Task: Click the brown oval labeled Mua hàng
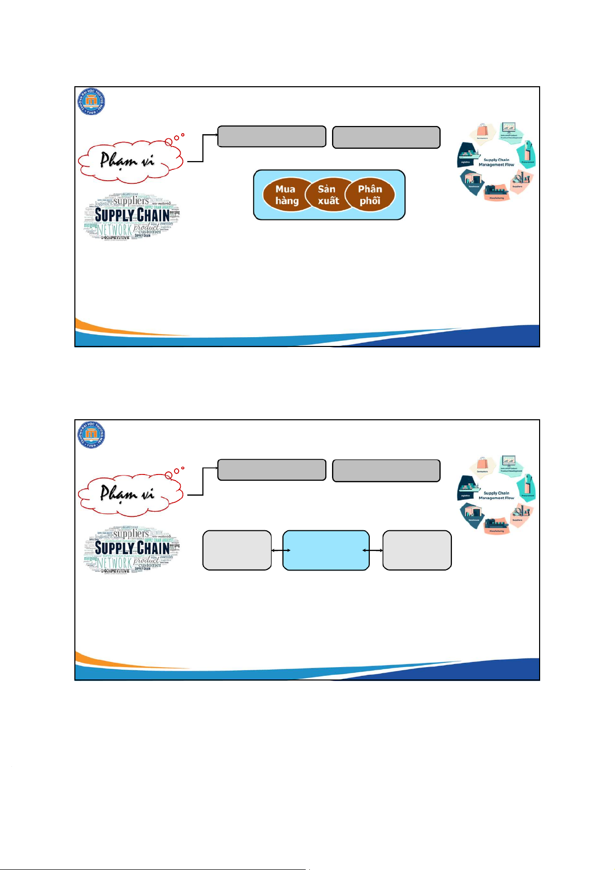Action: click(286, 195)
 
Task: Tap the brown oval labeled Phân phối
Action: click(370, 195)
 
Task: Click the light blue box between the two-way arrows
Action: click(326, 550)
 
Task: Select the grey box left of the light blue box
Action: click(237, 550)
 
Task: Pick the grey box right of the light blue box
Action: click(417, 550)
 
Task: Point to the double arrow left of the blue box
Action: click(280, 550)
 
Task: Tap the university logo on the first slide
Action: click(92, 101)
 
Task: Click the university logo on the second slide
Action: click(92, 434)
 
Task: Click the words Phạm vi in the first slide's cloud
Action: click(127, 160)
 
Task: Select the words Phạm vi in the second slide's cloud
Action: click(127, 493)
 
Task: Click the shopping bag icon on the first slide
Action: click(482, 131)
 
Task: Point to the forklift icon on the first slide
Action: click(519, 180)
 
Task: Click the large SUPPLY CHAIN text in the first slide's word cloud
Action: click(132, 215)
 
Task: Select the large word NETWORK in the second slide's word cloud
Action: click(115, 562)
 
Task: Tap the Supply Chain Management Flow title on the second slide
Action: click(496, 495)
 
